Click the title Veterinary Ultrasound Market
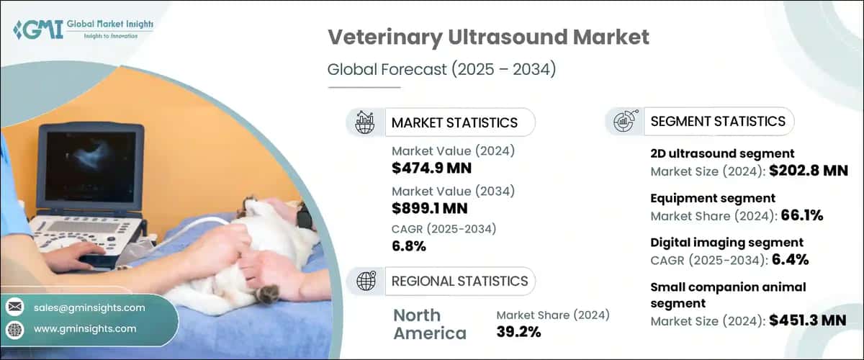tap(488, 37)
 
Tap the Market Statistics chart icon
tap(365, 122)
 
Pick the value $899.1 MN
tap(430, 209)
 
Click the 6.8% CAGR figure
tap(409, 247)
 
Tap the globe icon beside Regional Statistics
tap(365, 281)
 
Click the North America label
tap(430, 324)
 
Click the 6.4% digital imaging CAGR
tap(798, 259)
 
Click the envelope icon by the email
tap(14, 307)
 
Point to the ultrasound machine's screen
tap(89, 165)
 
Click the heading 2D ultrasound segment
tap(722, 153)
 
